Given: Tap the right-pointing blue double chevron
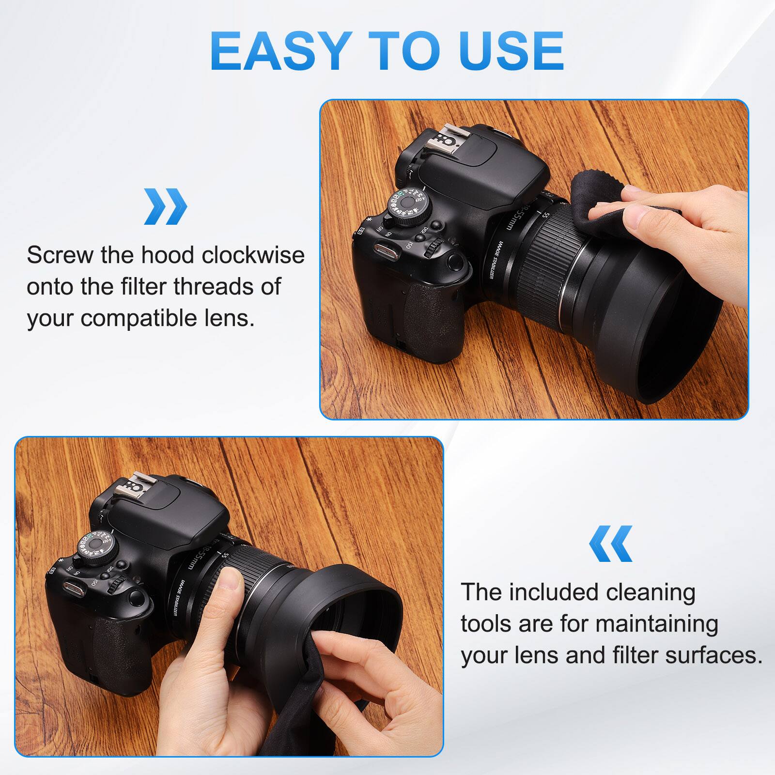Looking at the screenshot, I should (x=165, y=206).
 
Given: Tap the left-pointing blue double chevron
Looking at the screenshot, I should (x=611, y=543).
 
